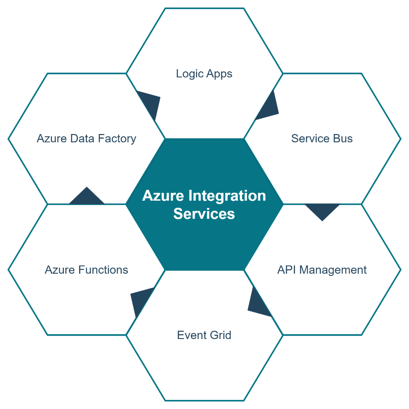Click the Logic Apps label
coord(204,73)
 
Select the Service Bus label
coord(322,139)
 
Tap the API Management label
coord(322,270)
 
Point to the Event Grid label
coord(204,335)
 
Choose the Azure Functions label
coord(86,270)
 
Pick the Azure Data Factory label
coord(86,139)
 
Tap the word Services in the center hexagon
coord(204,214)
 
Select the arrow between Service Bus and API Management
coord(322,211)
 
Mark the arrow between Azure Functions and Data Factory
coord(86,198)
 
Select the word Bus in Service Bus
coord(343,139)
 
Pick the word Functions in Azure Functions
coord(103,270)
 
